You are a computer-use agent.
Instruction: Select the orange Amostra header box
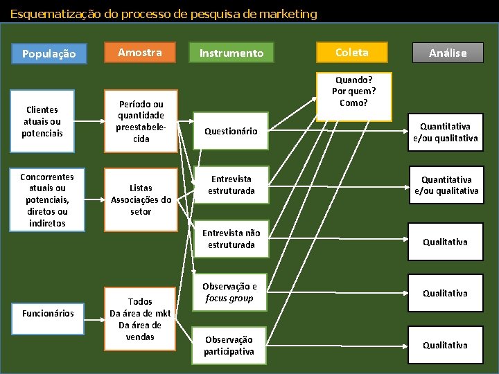[140, 53]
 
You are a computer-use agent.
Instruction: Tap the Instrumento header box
[231, 53]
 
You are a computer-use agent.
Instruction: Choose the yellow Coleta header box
[352, 53]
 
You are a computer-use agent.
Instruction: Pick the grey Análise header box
[448, 53]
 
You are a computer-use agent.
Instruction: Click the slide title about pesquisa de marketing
[164, 14]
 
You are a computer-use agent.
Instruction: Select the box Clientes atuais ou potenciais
[43, 121]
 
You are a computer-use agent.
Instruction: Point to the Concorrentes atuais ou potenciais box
[47, 199]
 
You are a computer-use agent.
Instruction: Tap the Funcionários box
[48, 314]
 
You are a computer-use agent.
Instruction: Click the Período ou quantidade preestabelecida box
[141, 121]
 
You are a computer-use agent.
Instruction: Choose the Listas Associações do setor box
[141, 199]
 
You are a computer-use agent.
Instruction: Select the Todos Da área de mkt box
[140, 319]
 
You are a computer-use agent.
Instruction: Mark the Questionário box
[231, 131]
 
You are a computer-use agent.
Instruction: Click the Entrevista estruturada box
[231, 185]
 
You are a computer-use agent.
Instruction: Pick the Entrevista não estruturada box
[231, 239]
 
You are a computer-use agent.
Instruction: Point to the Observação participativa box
[229, 346]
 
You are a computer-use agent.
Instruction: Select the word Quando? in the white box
[354, 80]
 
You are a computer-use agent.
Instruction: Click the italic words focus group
[229, 299]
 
